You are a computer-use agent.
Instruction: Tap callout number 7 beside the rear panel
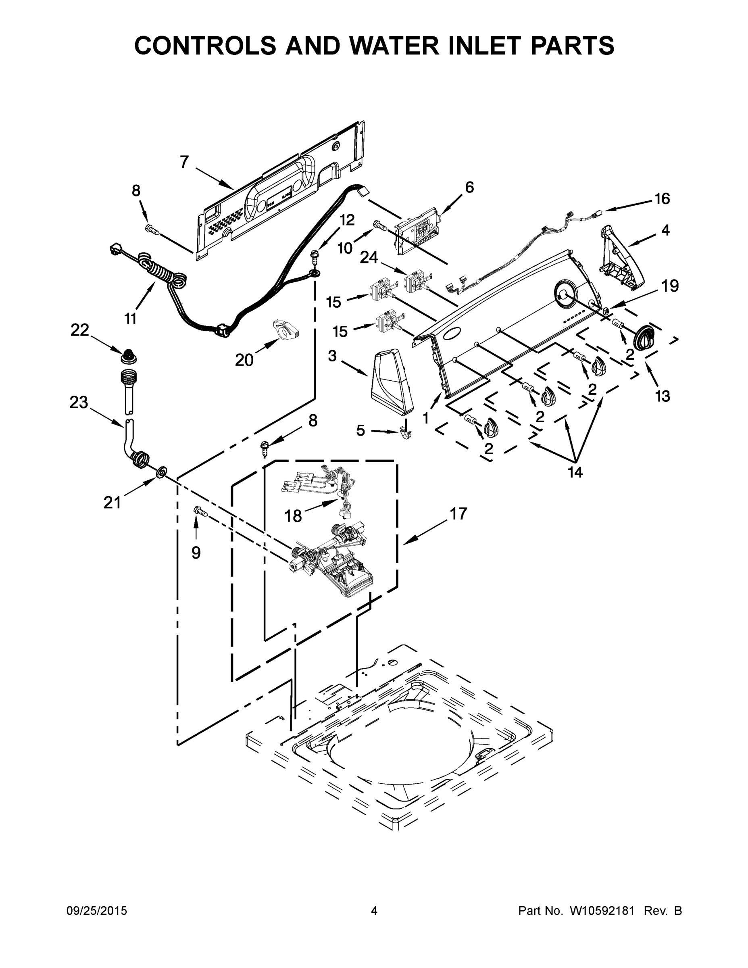tap(185, 162)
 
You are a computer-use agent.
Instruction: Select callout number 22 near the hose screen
tap(80, 330)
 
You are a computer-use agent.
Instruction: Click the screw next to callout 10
tap(379, 225)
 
